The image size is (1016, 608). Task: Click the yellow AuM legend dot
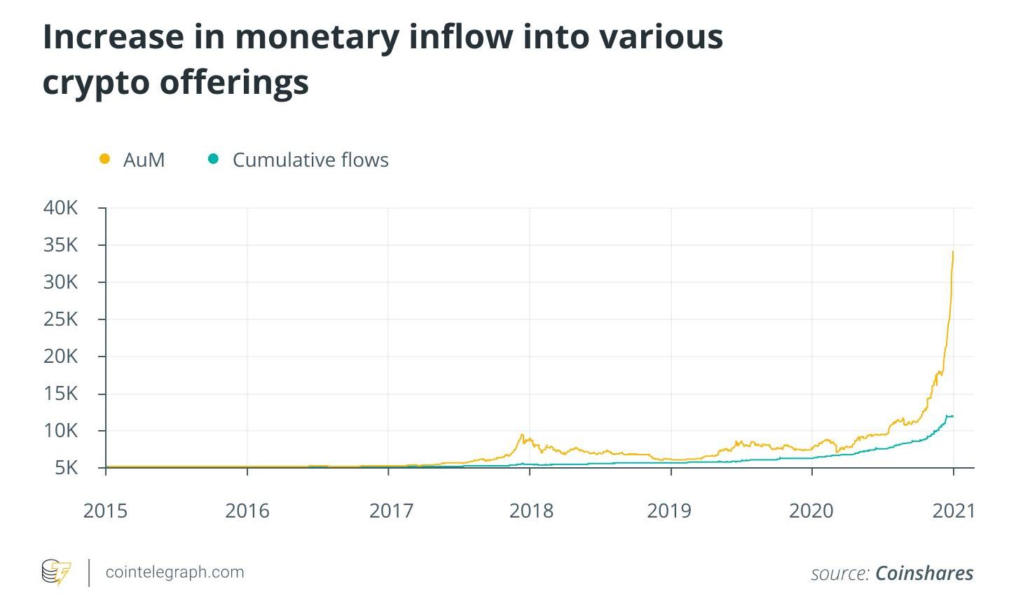point(105,159)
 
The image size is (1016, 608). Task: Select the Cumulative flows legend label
point(310,160)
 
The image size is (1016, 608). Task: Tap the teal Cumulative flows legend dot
point(214,159)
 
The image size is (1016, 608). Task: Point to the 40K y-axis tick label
point(62,208)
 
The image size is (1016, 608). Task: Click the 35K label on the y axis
point(62,245)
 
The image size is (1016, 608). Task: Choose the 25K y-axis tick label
point(62,319)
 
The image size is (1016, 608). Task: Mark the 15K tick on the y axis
point(62,394)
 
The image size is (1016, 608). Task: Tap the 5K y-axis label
point(67,467)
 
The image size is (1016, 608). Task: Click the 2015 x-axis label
point(105,511)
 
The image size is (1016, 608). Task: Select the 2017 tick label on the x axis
point(391,511)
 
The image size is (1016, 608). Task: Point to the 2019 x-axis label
point(668,511)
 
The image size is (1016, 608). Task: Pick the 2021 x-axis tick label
point(953,511)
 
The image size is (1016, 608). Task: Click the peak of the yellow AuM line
point(953,251)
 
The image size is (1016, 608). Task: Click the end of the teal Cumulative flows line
point(953,416)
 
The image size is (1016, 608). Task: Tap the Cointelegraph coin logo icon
point(56,572)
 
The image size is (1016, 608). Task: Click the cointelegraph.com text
point(174,572)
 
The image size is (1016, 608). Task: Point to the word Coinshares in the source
point(924,573)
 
